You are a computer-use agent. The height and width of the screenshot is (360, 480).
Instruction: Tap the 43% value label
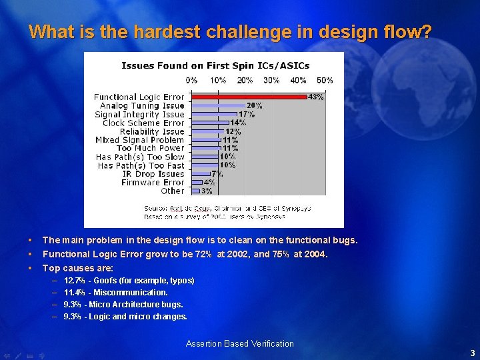315,97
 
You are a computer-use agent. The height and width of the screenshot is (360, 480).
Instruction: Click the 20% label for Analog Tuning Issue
254,106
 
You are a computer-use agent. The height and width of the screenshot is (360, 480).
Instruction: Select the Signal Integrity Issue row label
139,115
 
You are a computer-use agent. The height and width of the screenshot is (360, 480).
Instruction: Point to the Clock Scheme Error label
143,123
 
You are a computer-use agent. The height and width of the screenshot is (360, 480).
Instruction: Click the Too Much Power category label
151,149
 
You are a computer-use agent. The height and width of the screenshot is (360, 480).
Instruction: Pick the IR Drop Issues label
153,174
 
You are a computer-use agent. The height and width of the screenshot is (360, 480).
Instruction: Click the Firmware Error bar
197,182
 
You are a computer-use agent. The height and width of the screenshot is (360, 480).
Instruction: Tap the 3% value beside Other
207,191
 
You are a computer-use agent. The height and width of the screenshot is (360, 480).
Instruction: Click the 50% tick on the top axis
325,81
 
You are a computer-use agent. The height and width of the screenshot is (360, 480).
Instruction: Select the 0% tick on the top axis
191,81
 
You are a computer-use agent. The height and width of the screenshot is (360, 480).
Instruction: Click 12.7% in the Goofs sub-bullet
73,281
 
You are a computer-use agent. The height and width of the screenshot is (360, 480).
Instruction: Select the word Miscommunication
131,293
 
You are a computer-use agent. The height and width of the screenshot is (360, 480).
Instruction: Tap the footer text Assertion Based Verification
239,344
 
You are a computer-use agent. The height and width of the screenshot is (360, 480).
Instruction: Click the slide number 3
472,353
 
